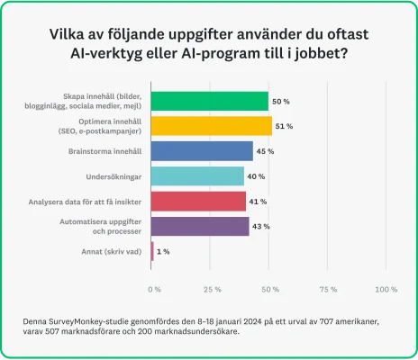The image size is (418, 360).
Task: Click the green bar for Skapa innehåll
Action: tap(210, 101)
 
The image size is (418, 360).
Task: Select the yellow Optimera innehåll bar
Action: tap(212, 126)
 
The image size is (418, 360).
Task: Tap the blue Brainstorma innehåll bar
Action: tap(203, 150)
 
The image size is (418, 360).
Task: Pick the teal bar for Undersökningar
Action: tap(197, 175)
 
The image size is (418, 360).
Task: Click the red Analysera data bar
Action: tap(199, 201)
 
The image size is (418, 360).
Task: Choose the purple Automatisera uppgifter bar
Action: tap(201, 226)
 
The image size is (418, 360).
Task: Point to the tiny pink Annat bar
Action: tap(153, 251)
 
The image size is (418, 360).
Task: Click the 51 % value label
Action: tap(286, 126)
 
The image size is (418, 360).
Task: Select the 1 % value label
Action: tap(164, 251)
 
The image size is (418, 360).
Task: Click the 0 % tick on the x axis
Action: tap(154, 289)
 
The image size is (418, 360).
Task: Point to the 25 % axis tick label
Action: tap(213, 289)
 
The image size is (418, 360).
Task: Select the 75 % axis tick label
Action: tap(328, 289)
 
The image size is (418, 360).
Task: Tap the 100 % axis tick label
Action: tap(386, 289)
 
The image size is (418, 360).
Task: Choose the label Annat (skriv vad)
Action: tap(111, 251)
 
